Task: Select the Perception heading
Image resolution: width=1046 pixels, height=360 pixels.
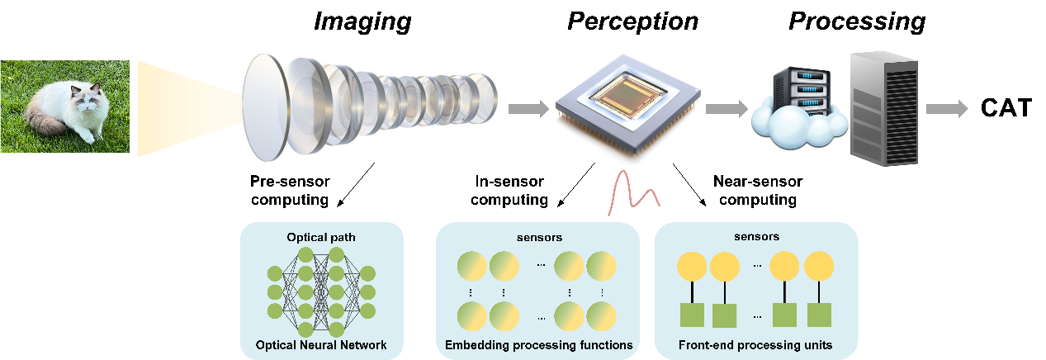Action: [632, 22]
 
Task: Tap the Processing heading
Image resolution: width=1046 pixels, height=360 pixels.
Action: [856, 22]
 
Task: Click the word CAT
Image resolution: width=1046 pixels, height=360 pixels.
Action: [1006, 108]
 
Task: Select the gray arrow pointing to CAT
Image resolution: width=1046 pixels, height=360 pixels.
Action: [949, 108]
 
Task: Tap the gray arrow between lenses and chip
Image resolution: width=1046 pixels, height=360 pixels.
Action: [528, 107]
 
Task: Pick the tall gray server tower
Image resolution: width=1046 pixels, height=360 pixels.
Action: [884, 103]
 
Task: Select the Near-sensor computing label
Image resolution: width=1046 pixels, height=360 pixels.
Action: [757, 191]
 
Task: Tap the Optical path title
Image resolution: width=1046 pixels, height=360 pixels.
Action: [321, 238]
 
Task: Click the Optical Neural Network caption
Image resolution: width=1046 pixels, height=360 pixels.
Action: [320, 344]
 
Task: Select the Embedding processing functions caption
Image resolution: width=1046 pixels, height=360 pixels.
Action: [538, 344]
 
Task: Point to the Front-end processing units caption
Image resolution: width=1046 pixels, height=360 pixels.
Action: [755, 344]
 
